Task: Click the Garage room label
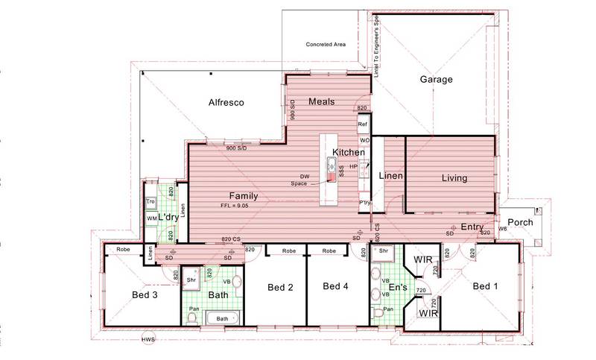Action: (437, 79)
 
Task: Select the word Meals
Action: (321, 101)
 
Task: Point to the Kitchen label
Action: (349, 152)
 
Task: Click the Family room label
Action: (243, 196)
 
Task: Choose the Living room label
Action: (454, 178)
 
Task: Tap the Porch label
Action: (520, 223)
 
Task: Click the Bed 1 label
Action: (485, 286)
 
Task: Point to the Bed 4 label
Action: (336, 286)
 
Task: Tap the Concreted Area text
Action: (326, 44)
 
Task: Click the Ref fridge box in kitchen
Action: (364, 124)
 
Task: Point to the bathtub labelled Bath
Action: (222, 318)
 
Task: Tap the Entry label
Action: (472, 227)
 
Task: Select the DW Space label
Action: (299, 180)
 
